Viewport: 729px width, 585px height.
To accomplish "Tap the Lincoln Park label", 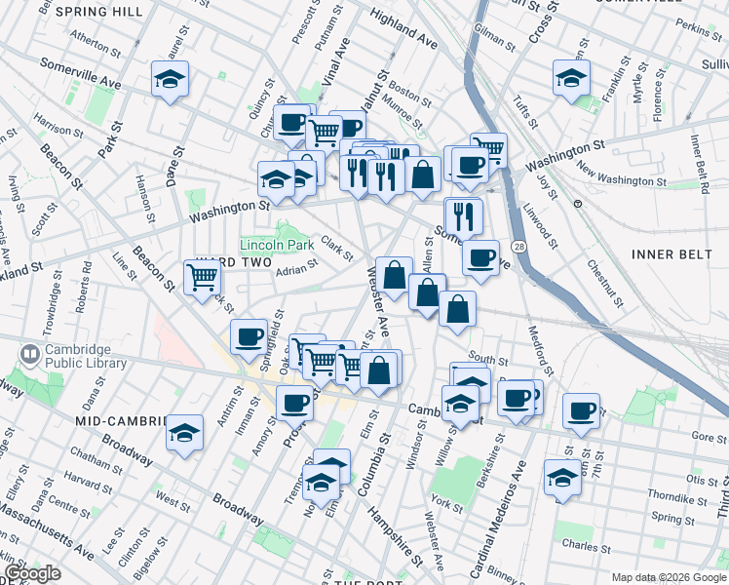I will pos(277,245).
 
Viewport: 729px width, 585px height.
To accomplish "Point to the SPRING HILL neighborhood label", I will pos(99,12).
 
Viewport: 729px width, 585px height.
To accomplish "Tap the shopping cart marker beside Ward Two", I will pos(202,278).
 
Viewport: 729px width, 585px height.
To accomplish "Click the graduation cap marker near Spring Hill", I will pos(170,80).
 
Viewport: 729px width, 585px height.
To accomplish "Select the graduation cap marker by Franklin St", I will pos(571,78).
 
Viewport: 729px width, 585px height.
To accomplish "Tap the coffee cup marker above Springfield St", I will pos(249,337).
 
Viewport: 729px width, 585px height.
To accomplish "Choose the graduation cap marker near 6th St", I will pos(562,479).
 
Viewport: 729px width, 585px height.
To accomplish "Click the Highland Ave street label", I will pos(404,30).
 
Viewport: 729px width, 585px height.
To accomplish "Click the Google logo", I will pos(31,574).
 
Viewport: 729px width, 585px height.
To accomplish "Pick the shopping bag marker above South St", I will pos(457,310).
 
